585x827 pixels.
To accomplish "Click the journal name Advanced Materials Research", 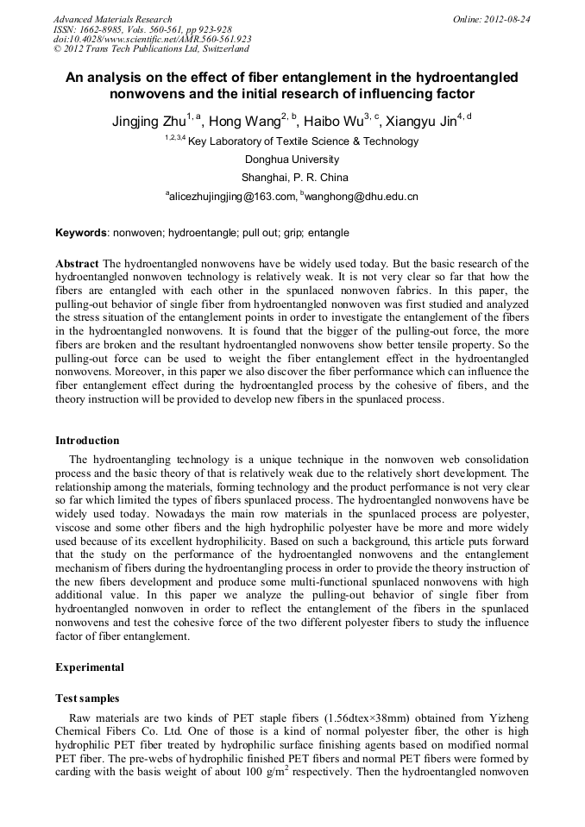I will tap(113, 19).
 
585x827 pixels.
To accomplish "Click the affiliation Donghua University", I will tap(292, 160).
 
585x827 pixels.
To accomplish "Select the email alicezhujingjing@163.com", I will tap(230, 197).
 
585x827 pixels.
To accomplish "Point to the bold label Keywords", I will tap(82, 233).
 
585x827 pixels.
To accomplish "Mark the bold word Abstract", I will tap(77, 262).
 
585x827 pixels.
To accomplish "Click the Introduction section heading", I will tap(87, 441).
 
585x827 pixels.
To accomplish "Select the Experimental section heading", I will tap(90, 667).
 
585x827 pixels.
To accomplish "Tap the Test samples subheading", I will tap(87, 698).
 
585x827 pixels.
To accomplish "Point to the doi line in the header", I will tap(152, 40).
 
